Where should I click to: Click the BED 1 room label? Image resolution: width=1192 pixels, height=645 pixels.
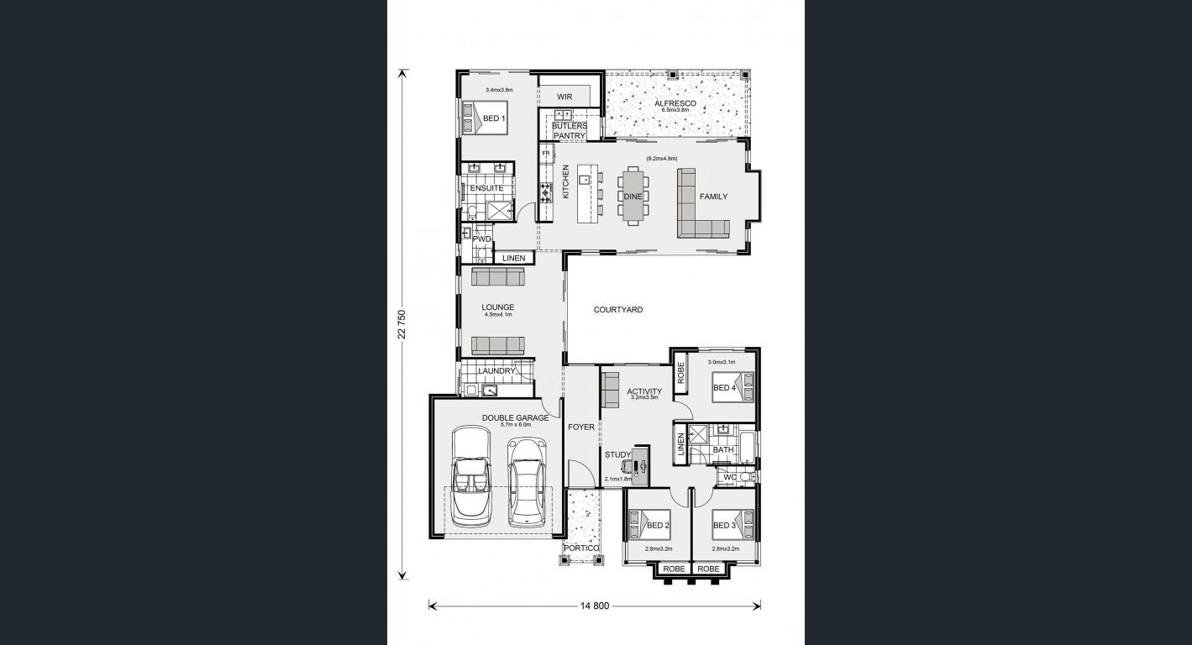click(494, 118)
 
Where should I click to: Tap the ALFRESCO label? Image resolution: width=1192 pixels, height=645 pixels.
click(675, 103)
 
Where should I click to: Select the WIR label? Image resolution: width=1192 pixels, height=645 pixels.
click(564, 97)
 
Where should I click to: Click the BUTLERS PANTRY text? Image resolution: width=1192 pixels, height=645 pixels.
click(570, 131)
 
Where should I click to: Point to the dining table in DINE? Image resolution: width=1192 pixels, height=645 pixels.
click(633, 197)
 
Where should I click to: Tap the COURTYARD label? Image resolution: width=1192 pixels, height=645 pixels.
click(618, 310)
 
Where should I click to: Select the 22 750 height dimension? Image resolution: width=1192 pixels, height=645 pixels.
click(402, 324)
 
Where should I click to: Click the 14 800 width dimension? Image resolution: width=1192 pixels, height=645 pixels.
click(594, 606)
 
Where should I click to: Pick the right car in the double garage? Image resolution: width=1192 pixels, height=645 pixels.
click(526, 482)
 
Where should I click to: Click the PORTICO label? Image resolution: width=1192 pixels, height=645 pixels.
click(580, 548)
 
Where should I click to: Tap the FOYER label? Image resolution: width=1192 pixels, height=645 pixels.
click(580, 427)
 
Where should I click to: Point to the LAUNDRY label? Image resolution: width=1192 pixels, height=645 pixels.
click(496, 371)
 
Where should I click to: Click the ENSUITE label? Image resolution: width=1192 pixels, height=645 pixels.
click(486, 188)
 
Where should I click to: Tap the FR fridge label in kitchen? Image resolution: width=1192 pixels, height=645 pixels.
click(545, 154)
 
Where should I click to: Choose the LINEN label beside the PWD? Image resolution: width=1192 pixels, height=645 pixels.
click(514, 259)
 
